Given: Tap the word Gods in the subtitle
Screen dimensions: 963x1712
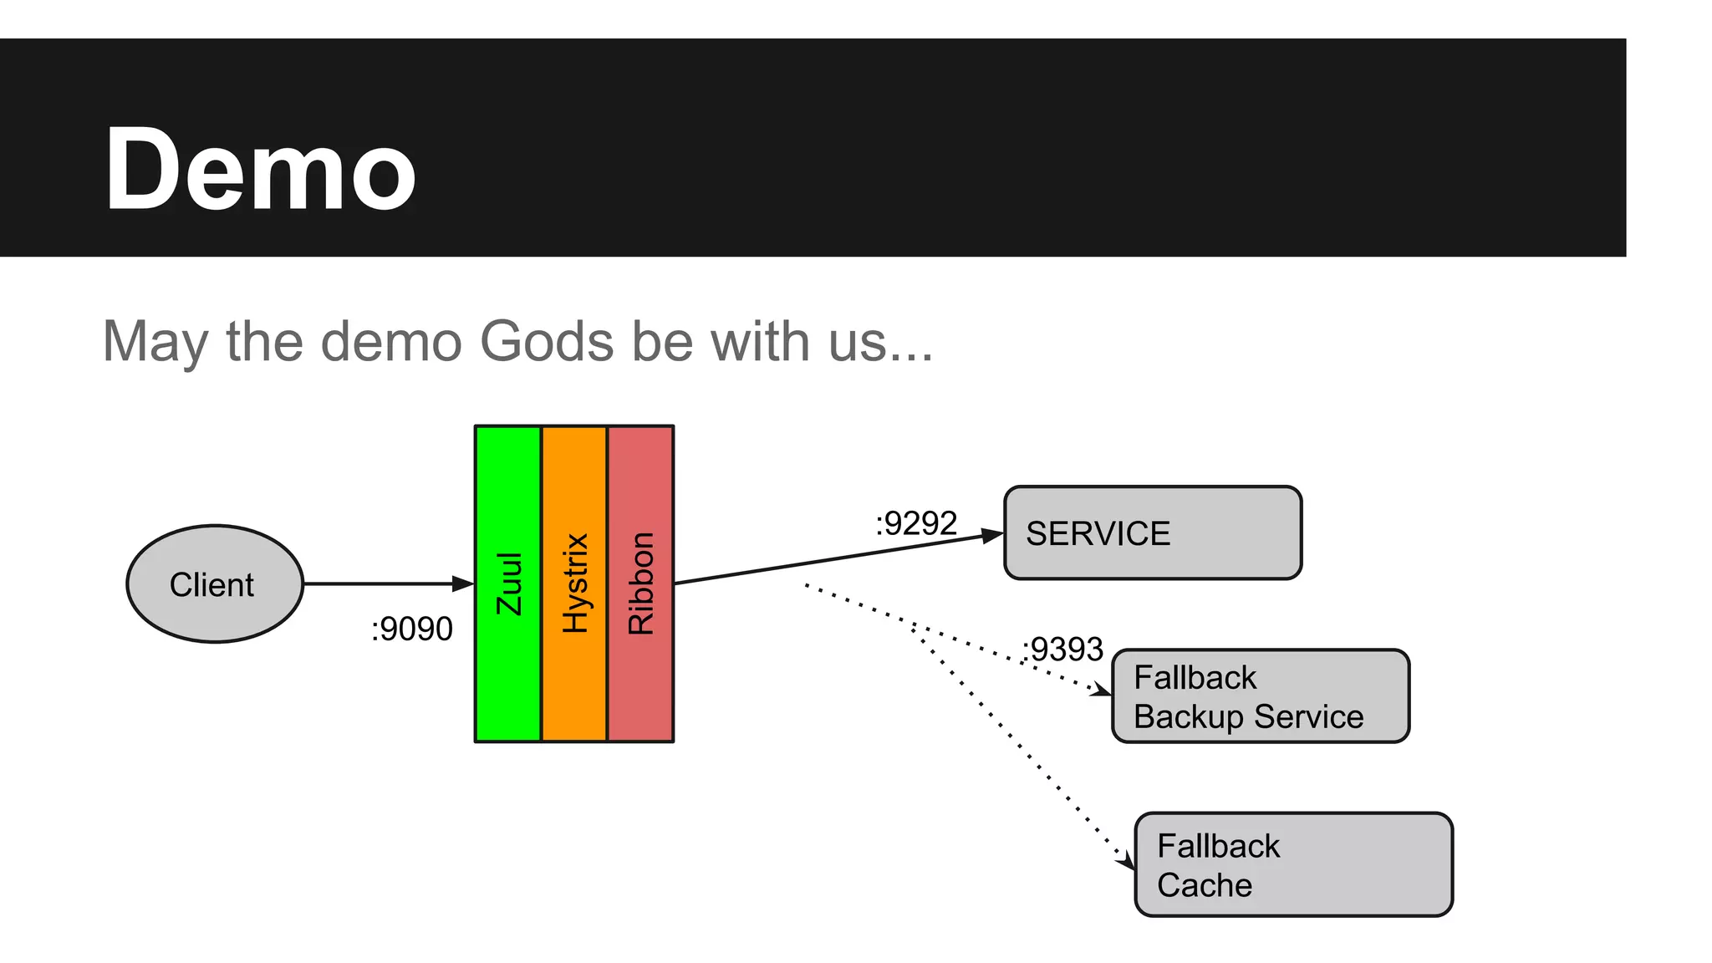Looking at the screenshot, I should (x=548, y=342).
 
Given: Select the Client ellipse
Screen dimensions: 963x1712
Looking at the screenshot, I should (x=215, y=583).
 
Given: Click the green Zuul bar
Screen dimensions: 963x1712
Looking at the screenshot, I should (x=508, y=583).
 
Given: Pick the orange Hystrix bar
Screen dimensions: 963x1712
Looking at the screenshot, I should (x=574, y=583).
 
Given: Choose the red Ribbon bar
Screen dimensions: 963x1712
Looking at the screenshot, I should (x=640, y=583).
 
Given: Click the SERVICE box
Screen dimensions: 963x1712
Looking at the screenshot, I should (x=1153, y=532).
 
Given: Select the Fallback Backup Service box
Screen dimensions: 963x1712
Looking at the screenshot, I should (x=1261, y=696).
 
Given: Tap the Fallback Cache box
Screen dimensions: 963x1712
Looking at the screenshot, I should (x=1293, y=864).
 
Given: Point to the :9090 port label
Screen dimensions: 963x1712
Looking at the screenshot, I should (x=411, y=629).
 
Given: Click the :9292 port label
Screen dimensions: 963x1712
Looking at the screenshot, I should (x=915, y=524).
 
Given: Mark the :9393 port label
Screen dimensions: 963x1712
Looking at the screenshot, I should (x=1062, y=650).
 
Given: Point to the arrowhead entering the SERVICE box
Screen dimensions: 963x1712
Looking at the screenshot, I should (x=992, y=535).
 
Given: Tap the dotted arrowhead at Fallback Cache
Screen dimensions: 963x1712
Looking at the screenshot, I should (x=1127, y=859).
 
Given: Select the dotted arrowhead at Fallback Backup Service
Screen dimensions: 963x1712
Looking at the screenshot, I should (x=1103, y=690).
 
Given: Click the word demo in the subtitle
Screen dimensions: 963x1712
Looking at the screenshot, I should (x=390, y=342).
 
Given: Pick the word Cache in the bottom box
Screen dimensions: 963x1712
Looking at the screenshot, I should (x=1205, y=885).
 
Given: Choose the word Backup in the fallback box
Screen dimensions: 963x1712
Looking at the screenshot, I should (x=1188, y=717).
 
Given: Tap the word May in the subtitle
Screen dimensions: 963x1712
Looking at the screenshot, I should (x=155, y=344).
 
